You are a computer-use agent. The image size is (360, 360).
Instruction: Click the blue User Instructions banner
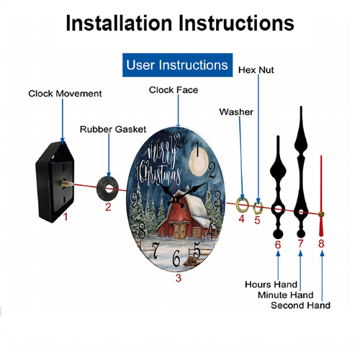(177, 65)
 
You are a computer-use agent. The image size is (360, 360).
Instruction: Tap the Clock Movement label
(65, 94)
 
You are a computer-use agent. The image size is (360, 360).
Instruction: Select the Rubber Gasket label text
(113, 130)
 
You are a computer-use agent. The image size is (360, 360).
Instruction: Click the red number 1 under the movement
(66, 217)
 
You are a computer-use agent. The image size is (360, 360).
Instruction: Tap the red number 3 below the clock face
(179, 278)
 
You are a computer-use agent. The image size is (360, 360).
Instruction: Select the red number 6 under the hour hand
(278, 245)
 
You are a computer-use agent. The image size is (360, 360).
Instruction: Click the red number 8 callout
(321, 243)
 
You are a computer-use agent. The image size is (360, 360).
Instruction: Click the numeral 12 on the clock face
(177, 140)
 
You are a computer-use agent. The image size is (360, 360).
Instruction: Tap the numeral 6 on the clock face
(176, 258)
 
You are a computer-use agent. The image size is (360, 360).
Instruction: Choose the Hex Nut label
(256, 70)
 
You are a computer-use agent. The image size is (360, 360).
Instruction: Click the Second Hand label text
(300, 305)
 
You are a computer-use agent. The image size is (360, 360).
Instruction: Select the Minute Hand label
(286, 295)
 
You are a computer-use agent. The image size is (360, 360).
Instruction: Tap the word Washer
(236, 112)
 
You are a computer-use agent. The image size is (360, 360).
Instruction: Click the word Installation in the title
(120, 23)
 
